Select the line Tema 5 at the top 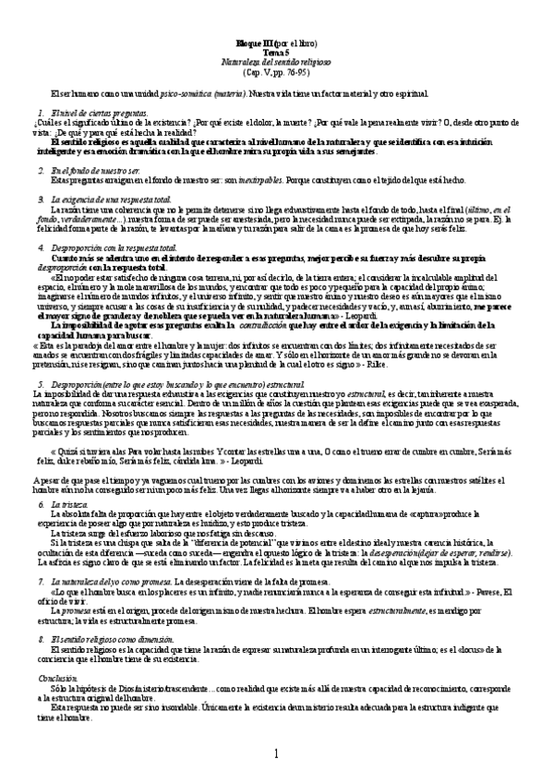[275, 52]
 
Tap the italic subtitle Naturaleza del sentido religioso [275, 60]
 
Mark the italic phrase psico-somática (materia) [191, 94]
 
